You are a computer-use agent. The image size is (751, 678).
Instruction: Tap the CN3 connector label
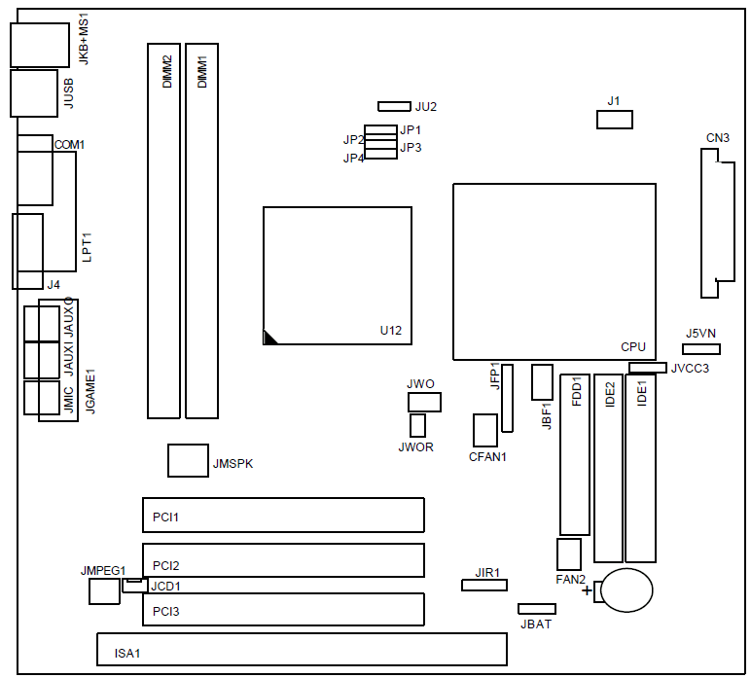point(718,138)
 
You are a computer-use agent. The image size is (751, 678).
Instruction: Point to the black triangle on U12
point(269,338)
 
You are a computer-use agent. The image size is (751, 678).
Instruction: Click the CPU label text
point(633,346)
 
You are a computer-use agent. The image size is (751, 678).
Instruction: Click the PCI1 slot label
point(165,517)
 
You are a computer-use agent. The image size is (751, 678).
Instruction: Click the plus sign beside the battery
point(587,590)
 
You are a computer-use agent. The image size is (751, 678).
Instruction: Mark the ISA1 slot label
point(126,653)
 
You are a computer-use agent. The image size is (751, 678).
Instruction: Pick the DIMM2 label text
point(167,72)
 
